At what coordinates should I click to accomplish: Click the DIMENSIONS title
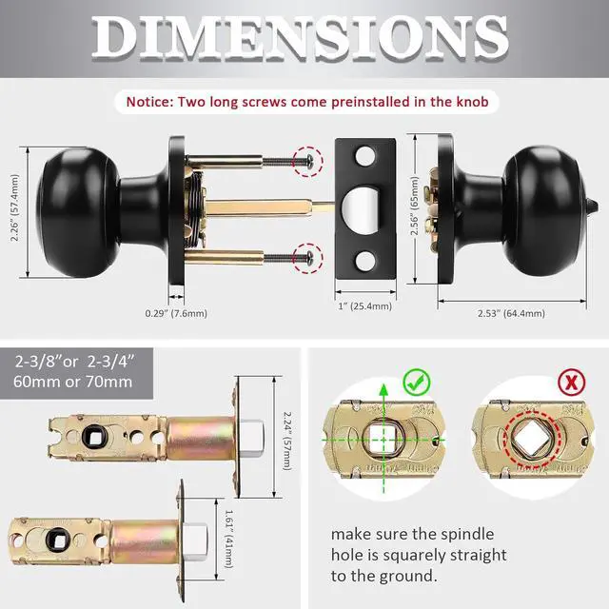(304, 38)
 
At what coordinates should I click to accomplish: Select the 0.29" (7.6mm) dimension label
(175, 312)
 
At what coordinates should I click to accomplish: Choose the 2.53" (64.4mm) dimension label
(512, 312)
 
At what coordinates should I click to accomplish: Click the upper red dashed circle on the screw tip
(306, 161)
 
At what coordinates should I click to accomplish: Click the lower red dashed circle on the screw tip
(306, 255)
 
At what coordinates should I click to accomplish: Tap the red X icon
(545, 383)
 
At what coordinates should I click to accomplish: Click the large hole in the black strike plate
(366, 206)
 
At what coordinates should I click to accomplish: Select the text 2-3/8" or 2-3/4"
(73, 362)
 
